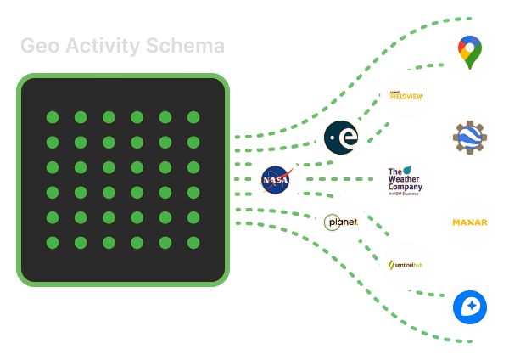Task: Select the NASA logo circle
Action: (x=276, y=180)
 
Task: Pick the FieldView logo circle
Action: (x=406, y=95)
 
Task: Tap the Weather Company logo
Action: (x=406, y=179)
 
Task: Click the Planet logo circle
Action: (x=341, y=222)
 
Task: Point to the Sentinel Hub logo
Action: (x=406, y=264)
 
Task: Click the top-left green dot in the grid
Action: (x=52, y=117)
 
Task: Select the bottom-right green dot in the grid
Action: (x=193, y=243)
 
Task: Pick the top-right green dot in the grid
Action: (x=193, y=117)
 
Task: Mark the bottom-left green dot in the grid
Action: (x=52, y=243)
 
